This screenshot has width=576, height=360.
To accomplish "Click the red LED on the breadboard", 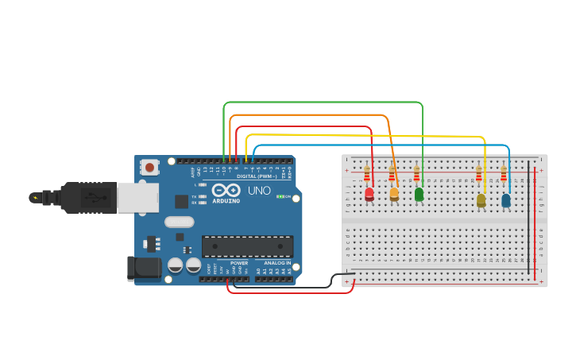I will (369, 193).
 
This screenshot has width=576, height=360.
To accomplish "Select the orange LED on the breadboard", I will (394, 193).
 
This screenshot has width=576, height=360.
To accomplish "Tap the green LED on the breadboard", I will (419, 193).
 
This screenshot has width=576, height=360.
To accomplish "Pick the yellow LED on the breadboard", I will (481, 200).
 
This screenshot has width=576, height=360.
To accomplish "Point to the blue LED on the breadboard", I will (505, 200).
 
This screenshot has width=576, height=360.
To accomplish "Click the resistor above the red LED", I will (366, 174).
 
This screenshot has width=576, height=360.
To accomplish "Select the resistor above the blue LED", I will (503, 174).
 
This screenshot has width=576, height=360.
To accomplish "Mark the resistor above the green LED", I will (416, 174).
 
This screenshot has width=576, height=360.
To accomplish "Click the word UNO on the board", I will (259, 191).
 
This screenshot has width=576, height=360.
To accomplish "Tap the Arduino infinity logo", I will (226, 192).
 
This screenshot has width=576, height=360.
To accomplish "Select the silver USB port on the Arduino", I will (137, 198).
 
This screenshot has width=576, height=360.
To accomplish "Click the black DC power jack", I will (144, 269).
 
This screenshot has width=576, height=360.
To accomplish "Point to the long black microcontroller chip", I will (247, 246).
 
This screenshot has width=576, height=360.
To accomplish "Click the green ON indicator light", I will (279, 196).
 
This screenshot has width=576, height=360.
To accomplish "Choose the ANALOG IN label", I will (277, 263).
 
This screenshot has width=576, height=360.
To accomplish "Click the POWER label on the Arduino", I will (239, 263).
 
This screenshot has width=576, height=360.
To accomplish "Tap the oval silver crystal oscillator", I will (179, 223).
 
